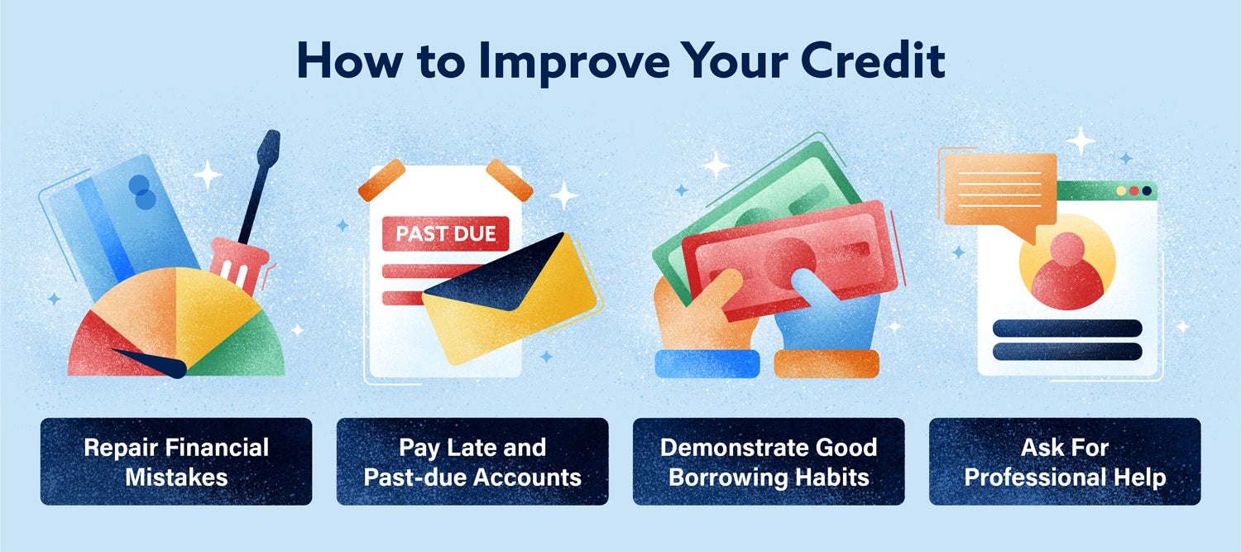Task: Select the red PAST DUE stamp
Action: (x=445, y=233)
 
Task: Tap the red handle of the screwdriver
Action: (x=239, y=265)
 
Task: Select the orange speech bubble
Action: (x=1000, y=191)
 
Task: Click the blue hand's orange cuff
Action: (x=827, y=363)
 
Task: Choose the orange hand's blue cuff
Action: (x=707, y=363)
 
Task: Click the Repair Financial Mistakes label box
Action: (x=176, y=462)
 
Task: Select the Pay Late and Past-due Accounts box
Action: (x=472, y=462)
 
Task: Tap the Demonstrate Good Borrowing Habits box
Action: (x=769, y=462)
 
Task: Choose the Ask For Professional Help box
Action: (x=1066, y=462)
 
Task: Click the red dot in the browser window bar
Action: (x=1134, y=190)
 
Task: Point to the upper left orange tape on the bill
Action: (x=382, y=180)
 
